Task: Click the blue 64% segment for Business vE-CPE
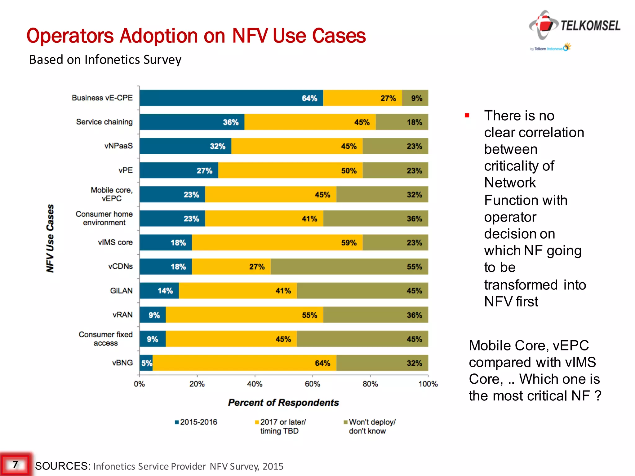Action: (x=231, y=98)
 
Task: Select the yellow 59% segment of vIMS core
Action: (x=277, y=242)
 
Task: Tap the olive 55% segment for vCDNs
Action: (x=349, y=267)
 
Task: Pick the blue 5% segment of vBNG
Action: (x=146, y=363)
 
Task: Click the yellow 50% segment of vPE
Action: (x=290, y=170)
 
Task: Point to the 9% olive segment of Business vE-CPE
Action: (x=415, y=98)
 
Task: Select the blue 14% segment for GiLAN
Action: (x=159, y=291)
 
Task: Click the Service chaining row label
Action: (x=104, y=122)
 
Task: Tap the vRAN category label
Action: (x=122, y=315)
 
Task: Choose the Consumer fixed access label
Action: (x=105, y=339)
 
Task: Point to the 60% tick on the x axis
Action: (x=312, y=384)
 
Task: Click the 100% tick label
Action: (x=428, y=384)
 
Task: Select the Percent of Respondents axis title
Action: (x=283, y=403)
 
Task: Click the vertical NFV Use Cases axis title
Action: (x=50, y=238)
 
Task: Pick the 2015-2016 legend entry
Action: (x=196, y=422)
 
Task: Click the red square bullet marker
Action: (x=467, y=116)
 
